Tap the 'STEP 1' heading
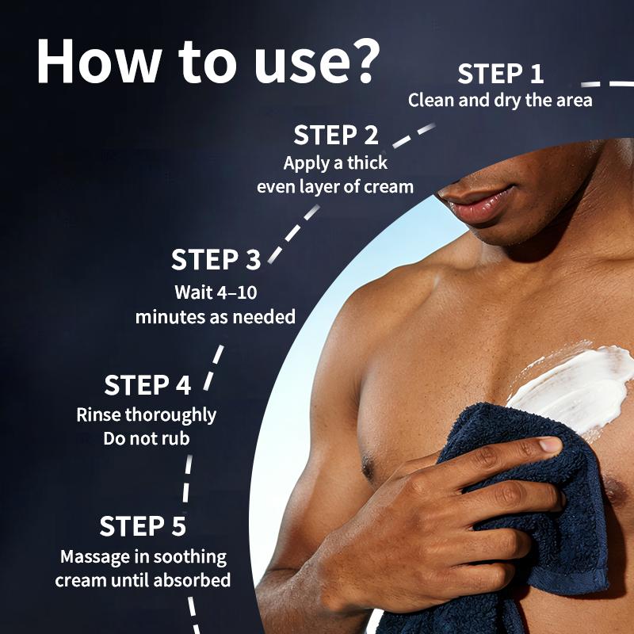(x=501, y=74)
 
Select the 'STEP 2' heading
(x=336, y=135)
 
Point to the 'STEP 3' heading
(x=216, y=260)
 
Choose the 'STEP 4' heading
(x=147, y=386)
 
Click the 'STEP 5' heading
(x=143, y=526)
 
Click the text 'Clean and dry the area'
(x=500, y=101)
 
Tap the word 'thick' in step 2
(x=365, y=163)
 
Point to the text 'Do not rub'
(x=147, y=437)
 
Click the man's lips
(x=474, y=208)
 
